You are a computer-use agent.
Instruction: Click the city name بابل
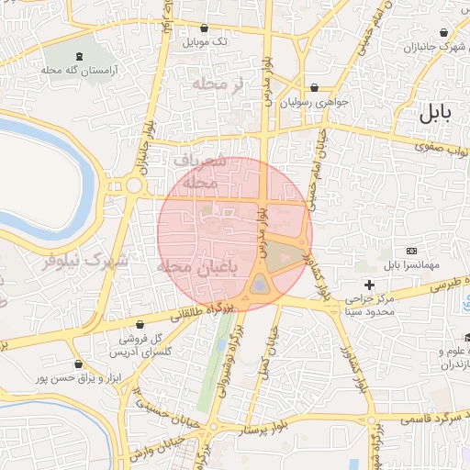coord(435,115)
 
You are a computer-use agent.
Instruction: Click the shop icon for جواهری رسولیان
coord(316,89)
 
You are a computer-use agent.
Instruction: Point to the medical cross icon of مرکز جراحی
coord(369,285)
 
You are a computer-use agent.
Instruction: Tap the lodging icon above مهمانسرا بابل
coord(411,252)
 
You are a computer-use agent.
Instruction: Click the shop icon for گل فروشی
coord(140,324)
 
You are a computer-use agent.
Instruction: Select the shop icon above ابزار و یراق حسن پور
coord(85,364)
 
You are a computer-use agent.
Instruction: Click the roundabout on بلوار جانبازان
coord(134,186)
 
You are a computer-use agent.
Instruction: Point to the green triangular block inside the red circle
coord(285,256)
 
